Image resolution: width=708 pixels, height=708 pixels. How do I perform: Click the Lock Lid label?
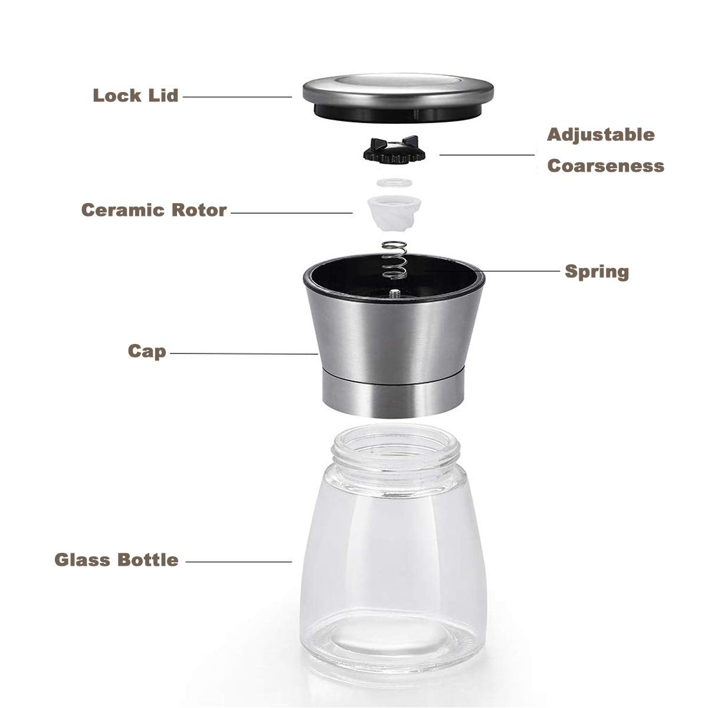(x=136, y=96)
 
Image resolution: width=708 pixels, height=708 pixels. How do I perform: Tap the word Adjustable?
(x=601, y=135)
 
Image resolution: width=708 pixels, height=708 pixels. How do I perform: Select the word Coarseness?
(x=605, y=166)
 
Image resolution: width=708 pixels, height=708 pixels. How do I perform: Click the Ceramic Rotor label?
(x=154, y=210)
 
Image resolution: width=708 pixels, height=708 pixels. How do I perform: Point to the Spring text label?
(x=597, y=272)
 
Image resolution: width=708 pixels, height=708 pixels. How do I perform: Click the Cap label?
(x=147, y=352)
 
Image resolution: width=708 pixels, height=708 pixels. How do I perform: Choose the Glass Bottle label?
(x=117, y=559)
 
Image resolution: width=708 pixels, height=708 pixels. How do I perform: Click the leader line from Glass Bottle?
(x=238, y=561)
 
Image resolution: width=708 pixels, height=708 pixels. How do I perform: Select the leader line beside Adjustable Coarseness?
(x=487, y=155)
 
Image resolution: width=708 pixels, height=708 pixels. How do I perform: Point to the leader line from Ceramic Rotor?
(x=291, y=212)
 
